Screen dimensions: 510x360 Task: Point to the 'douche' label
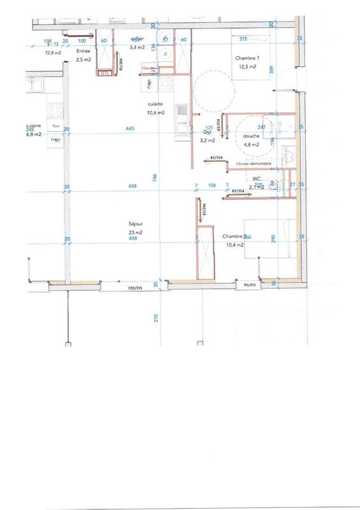[250, 135]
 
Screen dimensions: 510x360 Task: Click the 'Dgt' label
[208, 133]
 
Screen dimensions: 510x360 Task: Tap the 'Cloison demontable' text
[253, 164]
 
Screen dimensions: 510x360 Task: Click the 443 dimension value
[130, 129]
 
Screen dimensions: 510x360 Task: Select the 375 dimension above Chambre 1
[243, 39]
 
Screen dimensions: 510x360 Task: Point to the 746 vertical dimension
[155, 180]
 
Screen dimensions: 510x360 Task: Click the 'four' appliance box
[55, 126]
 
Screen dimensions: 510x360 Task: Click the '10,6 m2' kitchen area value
[155, 112]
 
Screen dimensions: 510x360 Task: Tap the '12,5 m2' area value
[247, 66]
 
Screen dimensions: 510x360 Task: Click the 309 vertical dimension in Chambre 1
[271, 71]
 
